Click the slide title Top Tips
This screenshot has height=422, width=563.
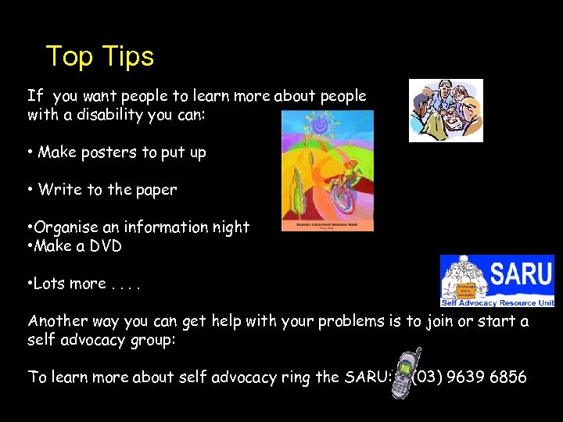coord(100,56)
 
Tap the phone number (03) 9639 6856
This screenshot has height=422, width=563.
coord(470,377)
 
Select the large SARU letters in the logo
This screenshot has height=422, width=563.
coord(520,274)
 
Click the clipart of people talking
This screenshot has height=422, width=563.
coord(446,110)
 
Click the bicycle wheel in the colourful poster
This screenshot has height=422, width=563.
coord(341,195)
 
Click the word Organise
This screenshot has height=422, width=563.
coord(65,227)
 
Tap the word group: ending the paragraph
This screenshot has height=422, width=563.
coord(156,340)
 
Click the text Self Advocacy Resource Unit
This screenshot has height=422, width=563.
coord(497,302)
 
